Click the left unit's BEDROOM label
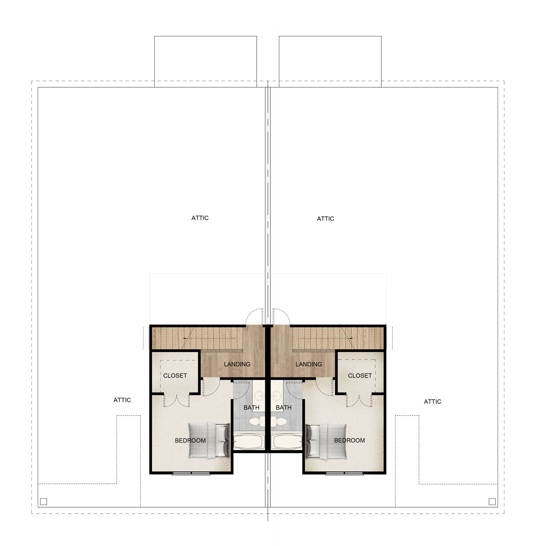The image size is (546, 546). (x=190, y=440)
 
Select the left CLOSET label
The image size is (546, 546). (x=175, y=376)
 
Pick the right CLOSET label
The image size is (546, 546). (x=360, y=376)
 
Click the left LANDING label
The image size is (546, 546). (x=237, y=364)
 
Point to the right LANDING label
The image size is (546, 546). (x=308, y=364)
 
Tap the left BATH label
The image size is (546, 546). (x=251, y=408)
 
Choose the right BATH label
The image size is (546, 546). (x=283, y=408)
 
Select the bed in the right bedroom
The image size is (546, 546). (x=327, y=441)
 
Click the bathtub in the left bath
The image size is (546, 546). (x=249, y=442)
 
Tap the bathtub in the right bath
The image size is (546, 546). (x=286, y=442)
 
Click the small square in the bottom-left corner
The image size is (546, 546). (x=43, y=502)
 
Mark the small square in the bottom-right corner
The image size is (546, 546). (x=492, y=502)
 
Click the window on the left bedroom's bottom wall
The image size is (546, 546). (x=191, y=473)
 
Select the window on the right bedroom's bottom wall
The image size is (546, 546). (x=344, y=473)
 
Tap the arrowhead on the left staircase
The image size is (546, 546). (x=184, y=338)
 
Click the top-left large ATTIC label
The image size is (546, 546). (x=200, y=218)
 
